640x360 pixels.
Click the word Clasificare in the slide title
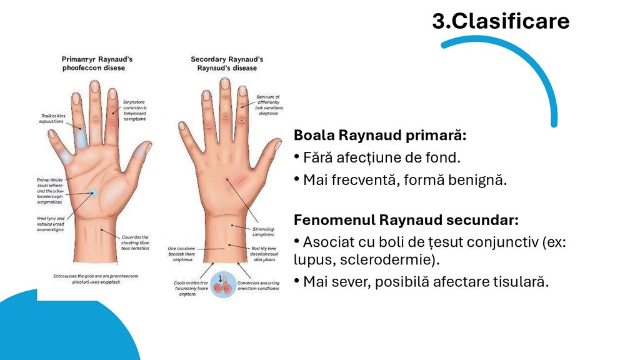[510, 22]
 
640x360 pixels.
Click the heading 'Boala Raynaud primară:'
[381, 135]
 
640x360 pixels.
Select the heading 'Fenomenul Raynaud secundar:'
[407, 220]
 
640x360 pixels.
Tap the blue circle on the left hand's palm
[92, 194]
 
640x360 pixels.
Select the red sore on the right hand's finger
[241, 119]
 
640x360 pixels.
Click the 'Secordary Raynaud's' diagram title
[227, 59]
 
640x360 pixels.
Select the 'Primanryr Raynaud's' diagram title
[97, 59]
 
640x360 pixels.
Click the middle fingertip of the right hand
[225, 84]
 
